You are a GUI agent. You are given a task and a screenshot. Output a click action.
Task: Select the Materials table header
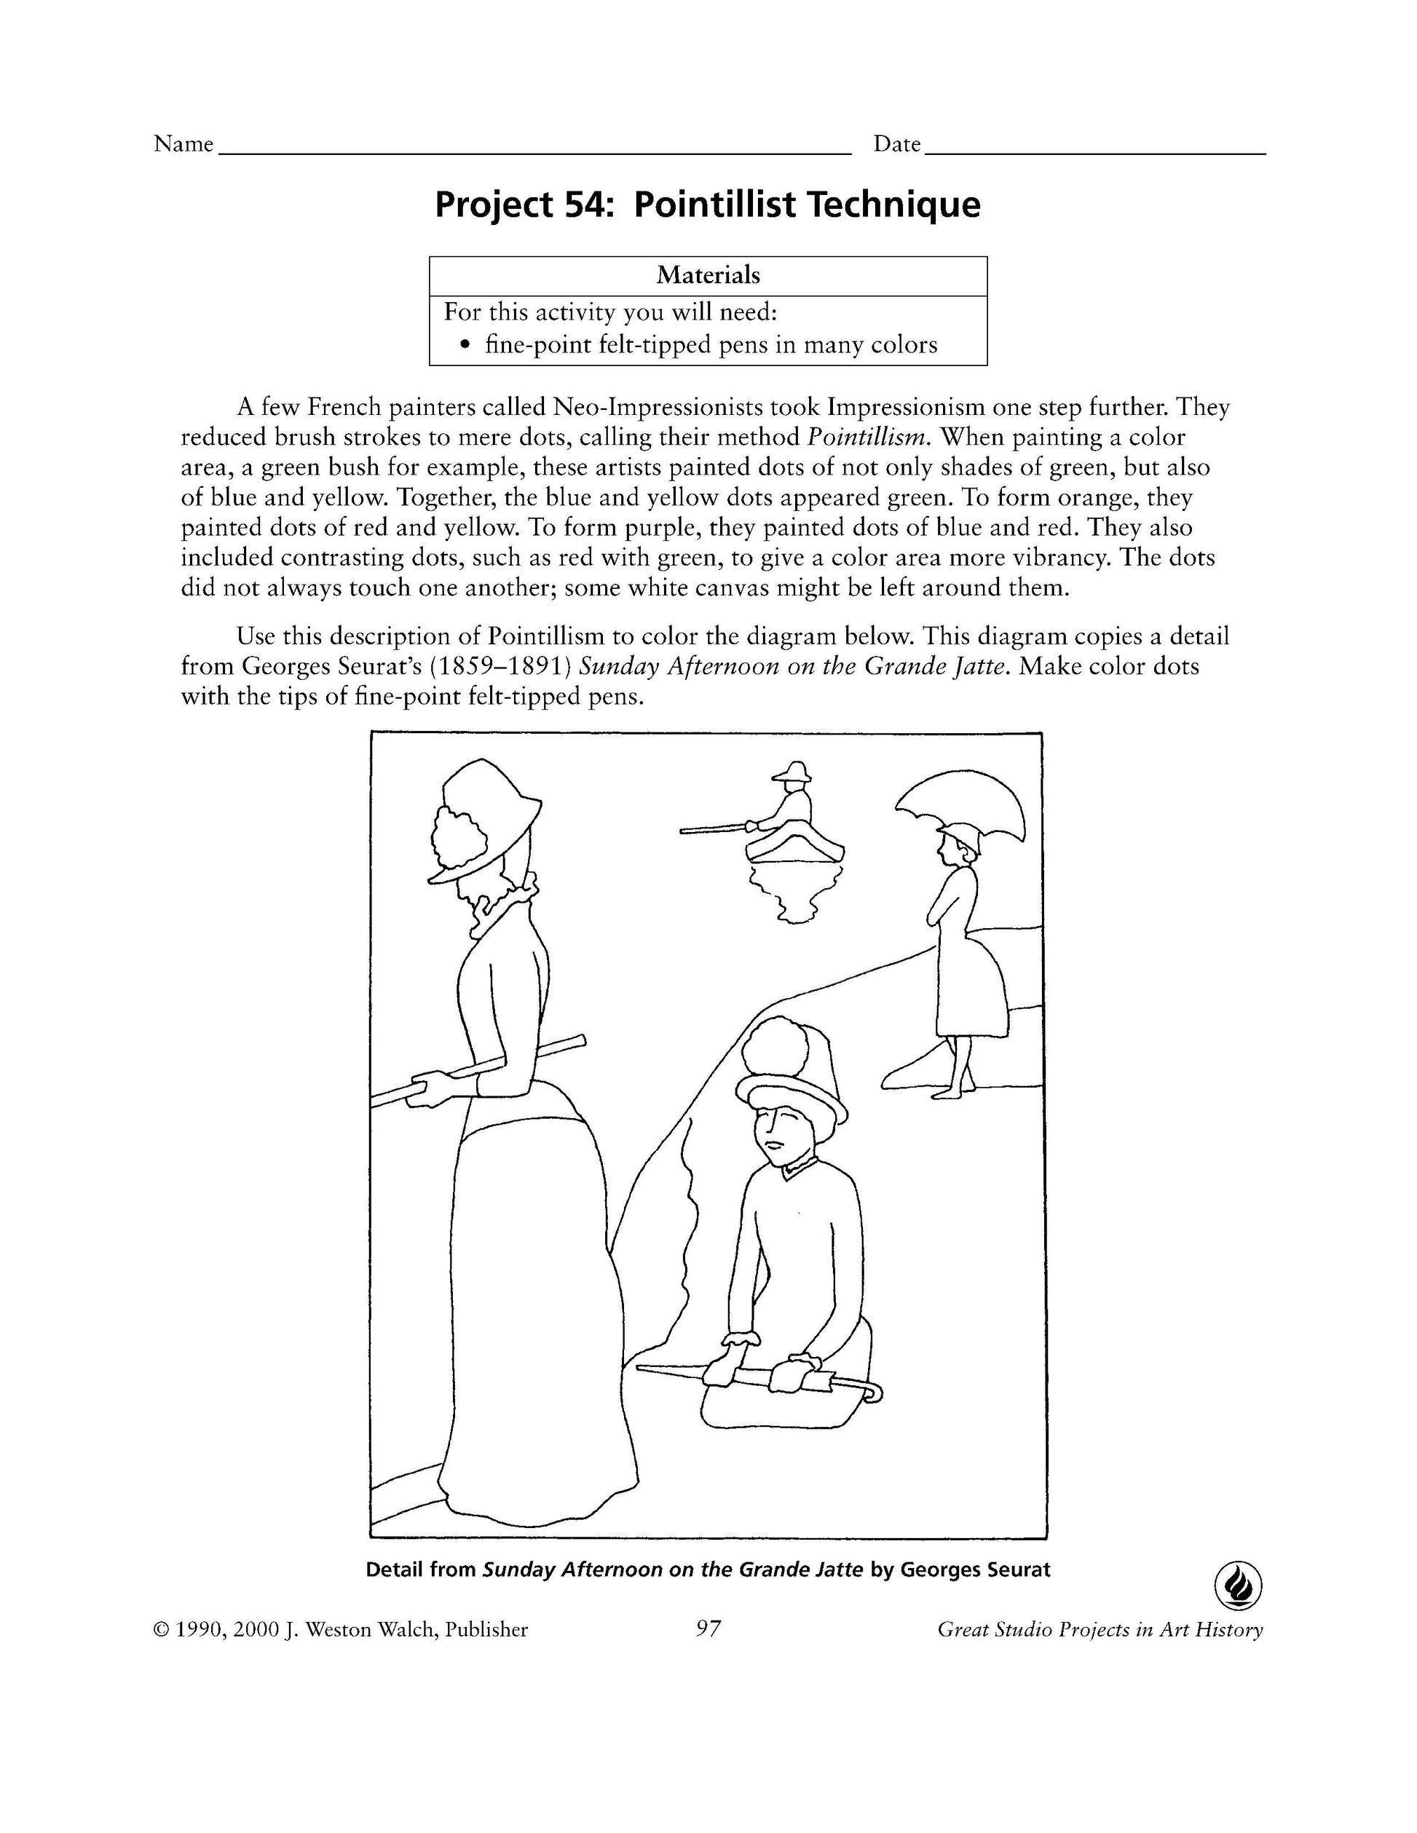(x=708, y=275)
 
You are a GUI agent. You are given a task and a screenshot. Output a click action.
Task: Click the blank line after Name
(x=534, y=151)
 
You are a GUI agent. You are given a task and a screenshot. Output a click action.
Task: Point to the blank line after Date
(x=1094, y=151)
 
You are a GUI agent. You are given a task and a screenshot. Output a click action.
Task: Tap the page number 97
(x=708, y=1628)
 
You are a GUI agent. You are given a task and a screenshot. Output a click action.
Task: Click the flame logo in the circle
(x=1238, y=1585)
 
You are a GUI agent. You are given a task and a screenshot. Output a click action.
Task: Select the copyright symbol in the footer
(x=161, y=1630)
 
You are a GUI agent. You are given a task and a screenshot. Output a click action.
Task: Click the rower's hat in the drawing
(x=793, y=772)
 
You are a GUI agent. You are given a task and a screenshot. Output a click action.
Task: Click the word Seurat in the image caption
(x=1017, y=1569)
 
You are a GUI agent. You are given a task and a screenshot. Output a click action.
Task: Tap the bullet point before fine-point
(x=467, y=345)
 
